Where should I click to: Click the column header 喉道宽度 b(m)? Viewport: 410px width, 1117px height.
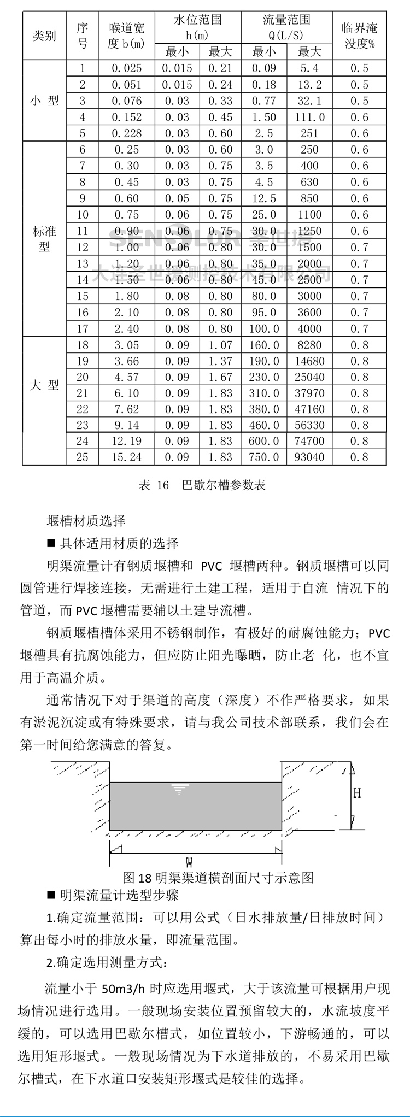[x=126, y=36]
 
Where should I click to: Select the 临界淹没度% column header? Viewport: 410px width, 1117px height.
[x=359, y=36]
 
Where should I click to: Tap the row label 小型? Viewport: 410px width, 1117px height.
[x=44, y=101]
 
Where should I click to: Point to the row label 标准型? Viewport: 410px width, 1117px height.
[x=44, y=239]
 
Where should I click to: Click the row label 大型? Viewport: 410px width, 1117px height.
[x=44, y=385]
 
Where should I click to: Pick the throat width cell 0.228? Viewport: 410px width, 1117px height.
[x=126, y=133]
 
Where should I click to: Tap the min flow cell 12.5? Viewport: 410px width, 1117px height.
[x=263, y=199]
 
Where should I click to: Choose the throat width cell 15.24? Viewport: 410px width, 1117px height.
[x=126, y=457]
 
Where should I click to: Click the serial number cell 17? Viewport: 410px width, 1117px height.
[x=83, y=329]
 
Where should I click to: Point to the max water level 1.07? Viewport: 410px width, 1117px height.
[x=220, y=345]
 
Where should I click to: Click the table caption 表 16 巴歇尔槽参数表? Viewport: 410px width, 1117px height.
[x=202, y=485]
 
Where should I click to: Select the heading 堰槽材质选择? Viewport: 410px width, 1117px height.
[x=86, y=521]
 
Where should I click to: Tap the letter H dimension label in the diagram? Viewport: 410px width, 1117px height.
[x=356, y=793]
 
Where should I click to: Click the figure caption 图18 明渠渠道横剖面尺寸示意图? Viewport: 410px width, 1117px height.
[x=218, y=878]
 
